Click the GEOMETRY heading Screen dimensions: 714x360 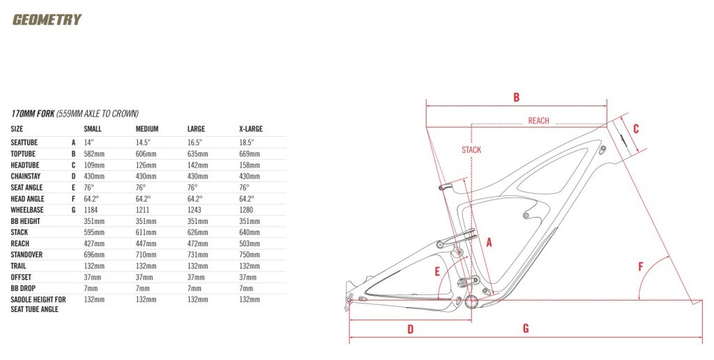coord(47,20)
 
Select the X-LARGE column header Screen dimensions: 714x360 coord(251,129)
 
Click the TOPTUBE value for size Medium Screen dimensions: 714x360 coord(146,154)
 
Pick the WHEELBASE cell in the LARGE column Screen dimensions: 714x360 coord(195,210)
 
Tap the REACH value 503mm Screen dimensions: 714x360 coord(250,243)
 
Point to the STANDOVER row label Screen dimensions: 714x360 coord(26,255)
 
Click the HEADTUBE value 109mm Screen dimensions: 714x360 coord(94,165)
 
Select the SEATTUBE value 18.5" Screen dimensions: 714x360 coord(246,142)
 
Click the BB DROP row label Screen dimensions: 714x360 coord(23,288)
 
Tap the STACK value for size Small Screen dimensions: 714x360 coord(94,232)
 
